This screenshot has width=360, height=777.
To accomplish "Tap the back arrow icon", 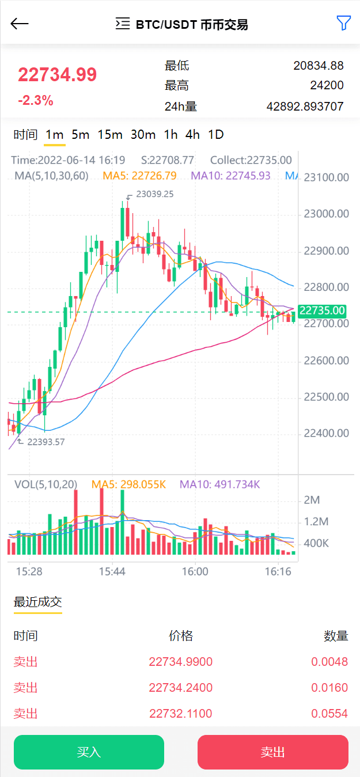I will (x=20, y=24).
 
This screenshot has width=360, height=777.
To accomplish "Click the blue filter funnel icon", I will (x=343, y=23).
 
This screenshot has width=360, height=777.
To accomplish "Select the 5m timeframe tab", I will (x=80, y=135).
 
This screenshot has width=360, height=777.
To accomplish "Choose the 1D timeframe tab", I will (x=215, y=135).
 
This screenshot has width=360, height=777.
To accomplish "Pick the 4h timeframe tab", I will (x=192, y=135).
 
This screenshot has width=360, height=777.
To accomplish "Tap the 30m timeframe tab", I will (x=143, y=135).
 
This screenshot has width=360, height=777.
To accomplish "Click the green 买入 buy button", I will (x=89, y=752).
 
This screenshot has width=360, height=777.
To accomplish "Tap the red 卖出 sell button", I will (x=272, y=752).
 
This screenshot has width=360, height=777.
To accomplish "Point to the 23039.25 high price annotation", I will (x=154, y=195).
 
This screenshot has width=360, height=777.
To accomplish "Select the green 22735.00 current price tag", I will (x=323, y=311).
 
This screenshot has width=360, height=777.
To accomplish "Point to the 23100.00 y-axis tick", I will (x=326, y=177).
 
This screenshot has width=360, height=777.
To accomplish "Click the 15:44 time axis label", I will (x=112, y=572).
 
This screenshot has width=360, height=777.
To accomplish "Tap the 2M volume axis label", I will (x=312, y=500).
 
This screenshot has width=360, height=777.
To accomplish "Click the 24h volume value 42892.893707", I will (x=305, y=107).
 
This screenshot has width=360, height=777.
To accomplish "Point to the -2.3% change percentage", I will (x=36, y=101).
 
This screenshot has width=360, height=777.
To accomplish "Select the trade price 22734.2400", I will (x=180, y=688).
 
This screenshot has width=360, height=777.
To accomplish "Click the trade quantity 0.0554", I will (x=329, y=714).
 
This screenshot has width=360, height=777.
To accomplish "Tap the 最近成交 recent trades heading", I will (x=37, y=602).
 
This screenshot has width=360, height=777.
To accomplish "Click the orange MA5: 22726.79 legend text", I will (x=139, y=176).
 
